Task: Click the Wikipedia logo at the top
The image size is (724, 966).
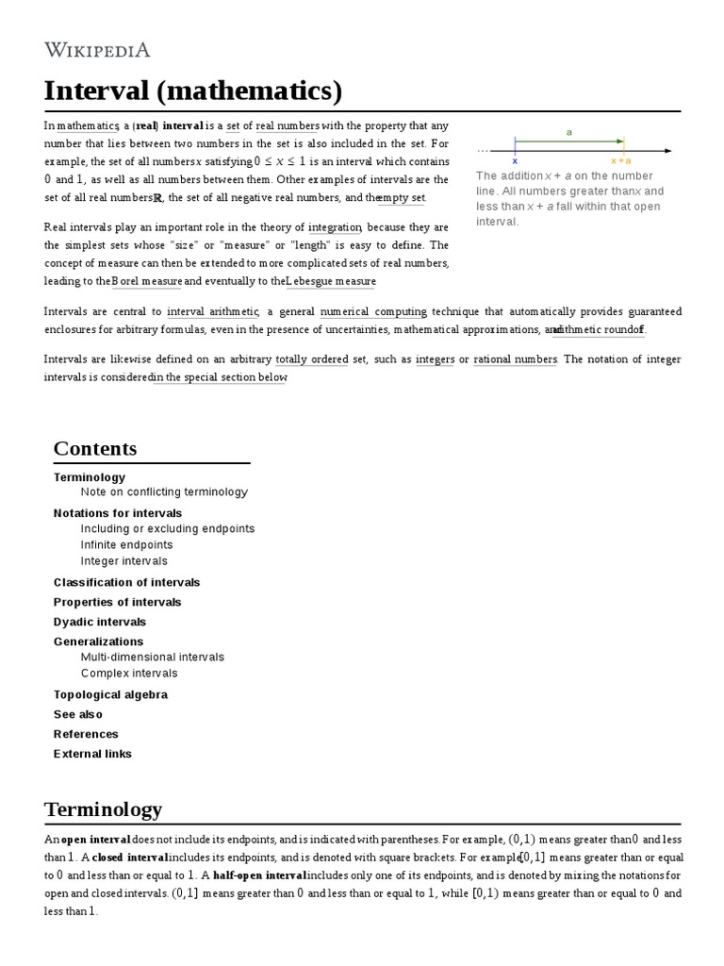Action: (x=97, y=50)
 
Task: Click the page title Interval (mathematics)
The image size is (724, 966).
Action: (x=192, y=92)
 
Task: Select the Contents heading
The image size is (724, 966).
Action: (x=95, y=448)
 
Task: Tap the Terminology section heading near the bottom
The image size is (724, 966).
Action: (x=103, y=808)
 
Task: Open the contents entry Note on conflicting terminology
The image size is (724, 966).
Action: (x=164, y=491)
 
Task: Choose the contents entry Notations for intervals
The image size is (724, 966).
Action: (x=118, y=512)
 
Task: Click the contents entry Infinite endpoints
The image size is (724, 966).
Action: (x=127, y=544)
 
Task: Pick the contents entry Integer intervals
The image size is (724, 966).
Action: (x=124, y=560)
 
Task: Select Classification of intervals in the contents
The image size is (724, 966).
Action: (x=126, y=582)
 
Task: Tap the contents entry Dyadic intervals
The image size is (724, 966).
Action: (x=100, y=622)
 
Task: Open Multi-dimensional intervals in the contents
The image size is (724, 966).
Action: (x=153, y=657)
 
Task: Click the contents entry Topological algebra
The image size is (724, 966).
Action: (x=110, y=694)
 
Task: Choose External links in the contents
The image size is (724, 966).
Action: (x=92, y=754)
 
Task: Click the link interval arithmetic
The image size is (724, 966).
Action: (x=212, y=311)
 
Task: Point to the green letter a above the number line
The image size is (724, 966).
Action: (x=569, y=133)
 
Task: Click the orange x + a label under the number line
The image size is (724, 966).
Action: (x=621, y=161)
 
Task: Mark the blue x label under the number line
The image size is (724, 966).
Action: (x=515, y=161)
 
